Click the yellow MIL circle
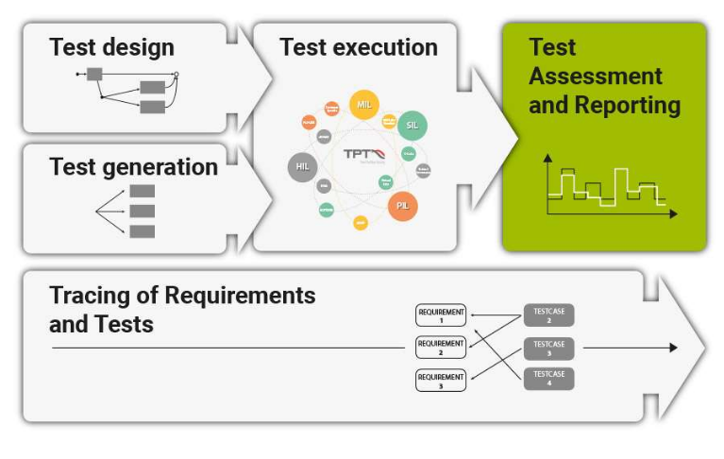click(x=363, y=104)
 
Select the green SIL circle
click(x=412, y=125)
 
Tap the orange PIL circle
click(x=402, y=204)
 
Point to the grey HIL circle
click(x=302, y=166)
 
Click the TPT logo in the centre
click(x=362, y=155)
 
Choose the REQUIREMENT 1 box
click(x=441, y=315)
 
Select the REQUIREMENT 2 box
click(x=441, y=348)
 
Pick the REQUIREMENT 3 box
click(x=441, y=380)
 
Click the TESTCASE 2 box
click(x=548, y=315)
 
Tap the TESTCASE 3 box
click(x=548, y=348)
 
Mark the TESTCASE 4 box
click(x=548, y=379)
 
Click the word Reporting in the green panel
click(x=631, y=105)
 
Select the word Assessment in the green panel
click(x=596, y=76)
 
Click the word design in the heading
click(x=139, y=47)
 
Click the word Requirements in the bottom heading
click(x=240, y=295)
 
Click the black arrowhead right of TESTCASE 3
click(x=672, y=348)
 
